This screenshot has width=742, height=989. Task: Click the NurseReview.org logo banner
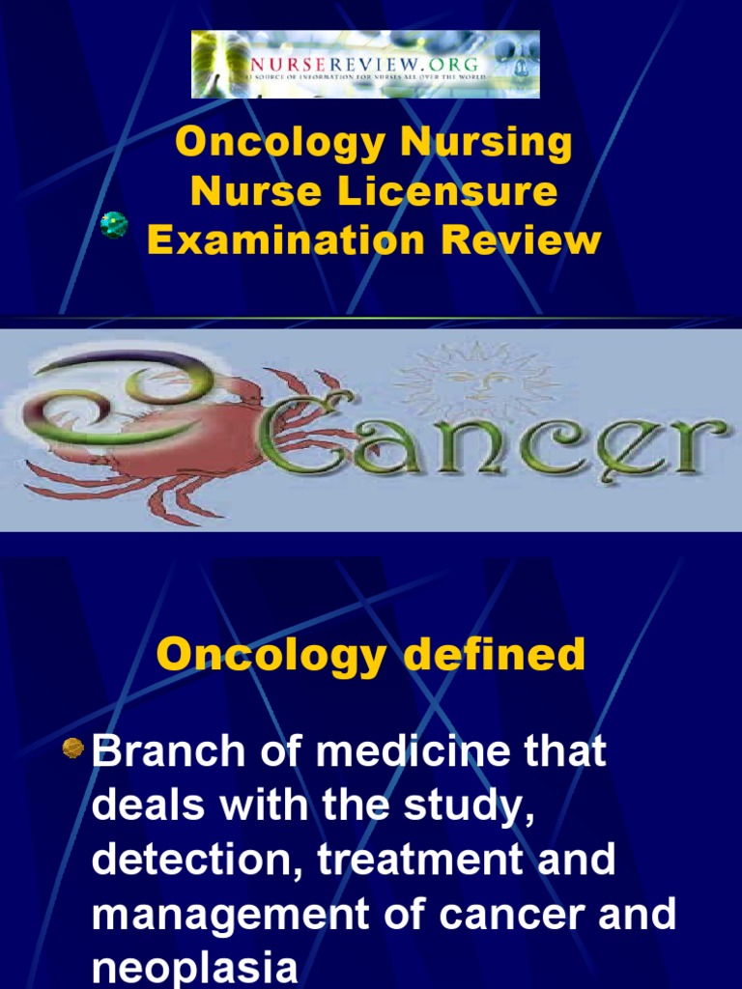coord(365,65)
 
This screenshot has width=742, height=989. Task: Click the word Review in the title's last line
coord(521,240)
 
